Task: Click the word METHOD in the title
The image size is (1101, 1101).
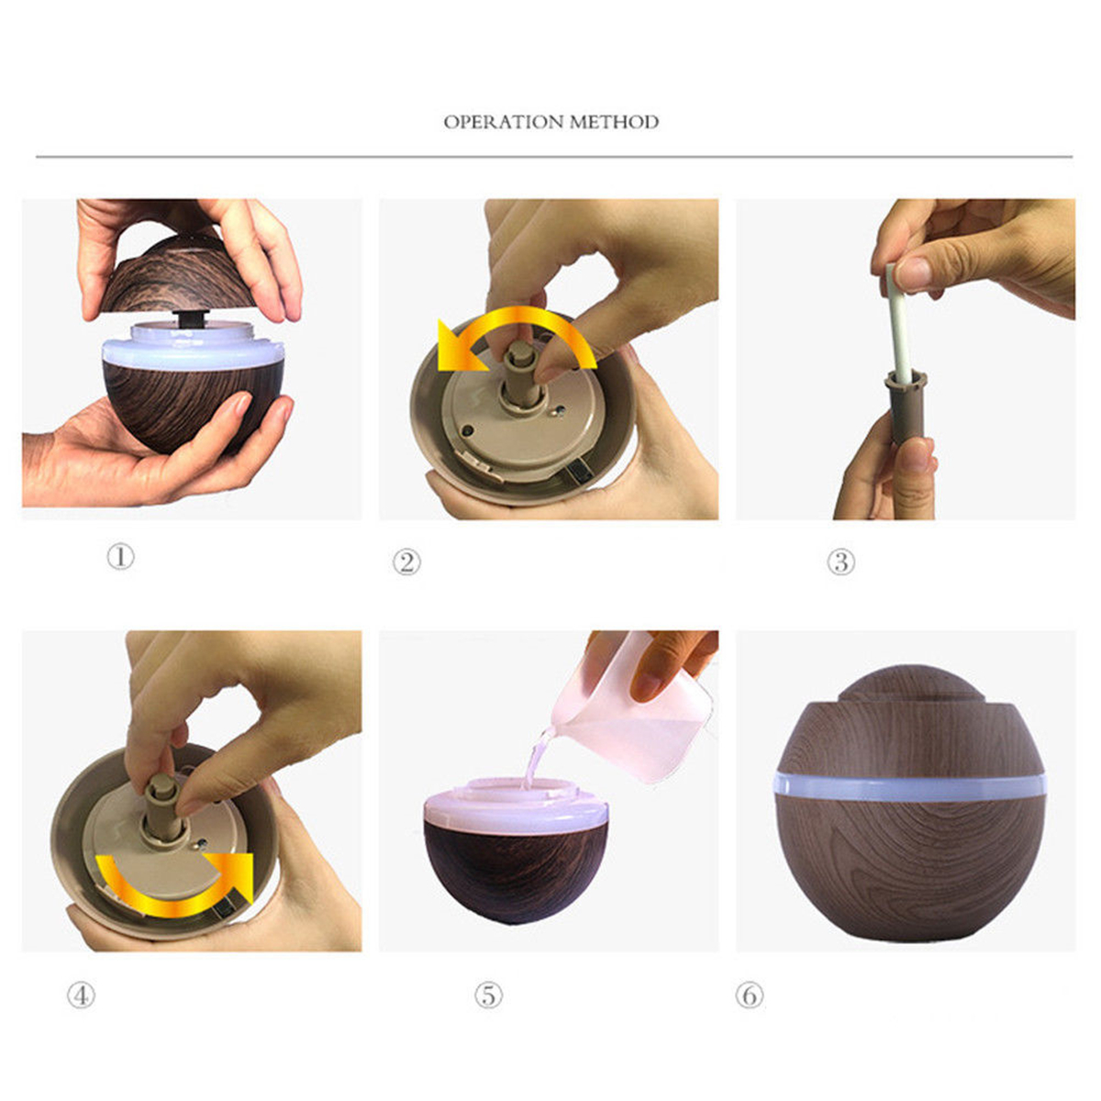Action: (x=614, y=122)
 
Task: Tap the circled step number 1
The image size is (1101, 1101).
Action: (x=120, y=556)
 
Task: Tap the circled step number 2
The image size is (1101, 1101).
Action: (x=407, y=562)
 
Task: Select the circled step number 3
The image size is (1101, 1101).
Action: (x=840, y=562)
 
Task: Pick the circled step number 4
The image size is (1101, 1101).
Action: (x=81, y=995)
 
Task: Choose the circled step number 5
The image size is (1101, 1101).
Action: (x=488, y=995)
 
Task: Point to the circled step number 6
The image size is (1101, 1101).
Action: (x=749, y=995)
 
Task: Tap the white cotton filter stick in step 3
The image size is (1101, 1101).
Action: (x=897, y=321)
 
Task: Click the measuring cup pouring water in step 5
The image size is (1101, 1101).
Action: (x=642, y=716)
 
